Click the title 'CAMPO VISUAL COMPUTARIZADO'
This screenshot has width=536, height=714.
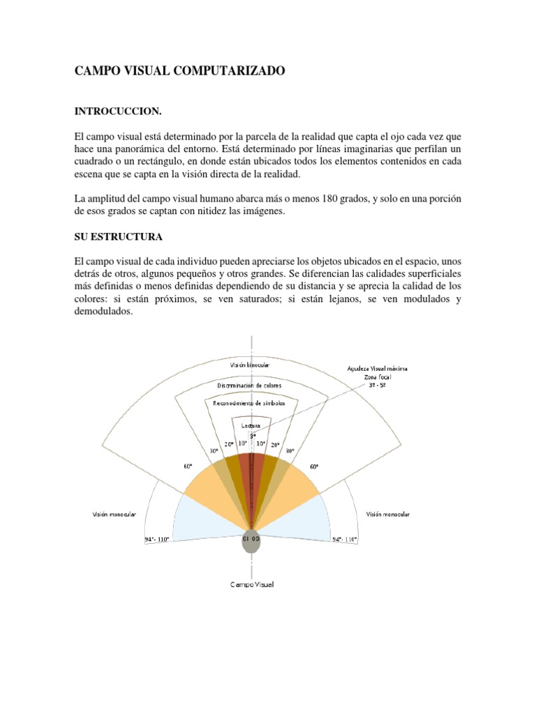179,72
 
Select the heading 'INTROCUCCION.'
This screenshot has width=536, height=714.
117,111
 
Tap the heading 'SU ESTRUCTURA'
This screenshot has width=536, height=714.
118,237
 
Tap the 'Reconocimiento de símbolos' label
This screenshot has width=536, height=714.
251,403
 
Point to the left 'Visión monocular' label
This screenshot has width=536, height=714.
114,514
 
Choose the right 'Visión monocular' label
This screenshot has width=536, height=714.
387,514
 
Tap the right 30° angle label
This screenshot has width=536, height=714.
290,450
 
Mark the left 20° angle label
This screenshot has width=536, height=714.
228,444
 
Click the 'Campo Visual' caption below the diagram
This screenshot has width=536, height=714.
252,584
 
